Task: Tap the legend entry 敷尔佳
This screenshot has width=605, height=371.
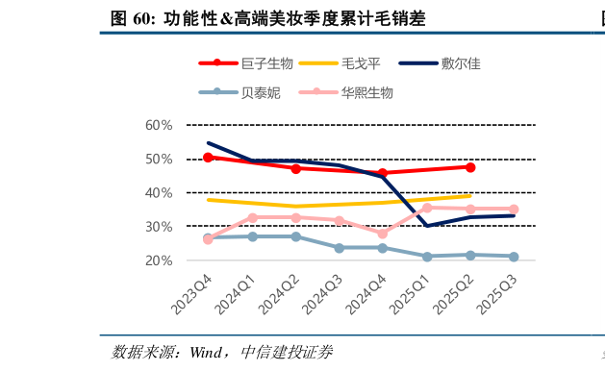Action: tap(461, 63)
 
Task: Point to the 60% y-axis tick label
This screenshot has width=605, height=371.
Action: tap(159, 125)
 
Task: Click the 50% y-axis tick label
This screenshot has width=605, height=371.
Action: tap(159, 159)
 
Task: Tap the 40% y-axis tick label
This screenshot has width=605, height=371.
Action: tap(159, 192)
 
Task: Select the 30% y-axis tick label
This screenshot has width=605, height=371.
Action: tap(159, 226)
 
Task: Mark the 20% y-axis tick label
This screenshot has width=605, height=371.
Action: tap(159, 260)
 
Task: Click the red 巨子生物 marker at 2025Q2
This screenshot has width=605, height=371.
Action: tap(470, 167)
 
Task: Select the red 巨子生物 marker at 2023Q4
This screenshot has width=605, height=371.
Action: tap(208, 157)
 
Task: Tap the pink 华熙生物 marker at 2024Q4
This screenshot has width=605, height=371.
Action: tap(383, 234)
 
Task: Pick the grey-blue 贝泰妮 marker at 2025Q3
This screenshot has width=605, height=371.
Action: tap(514, 257)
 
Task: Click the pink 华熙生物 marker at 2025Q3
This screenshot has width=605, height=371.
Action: tap(514, 209)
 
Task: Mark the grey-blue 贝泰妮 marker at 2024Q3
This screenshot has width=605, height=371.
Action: tap(339, 248)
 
